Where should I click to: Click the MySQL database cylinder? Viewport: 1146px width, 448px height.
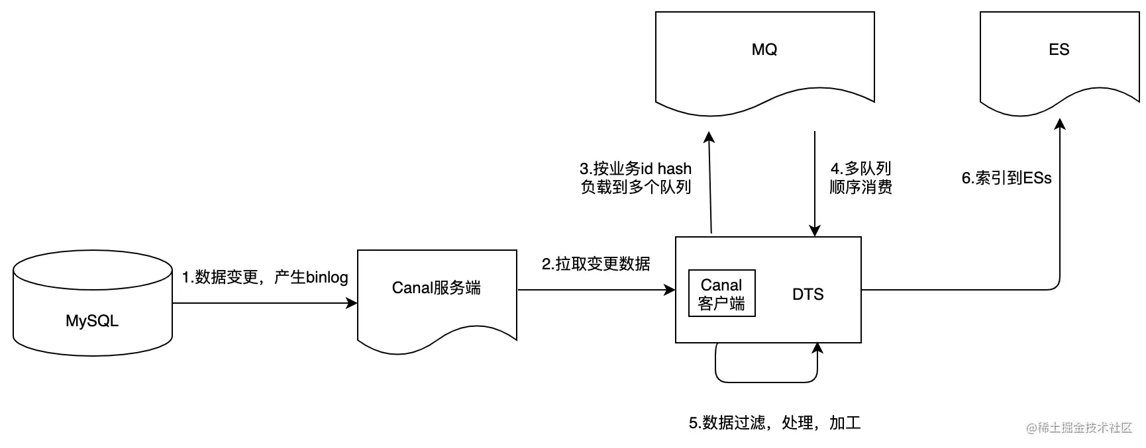click(93, 303)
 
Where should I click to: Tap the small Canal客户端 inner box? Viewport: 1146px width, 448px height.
click(722, 293)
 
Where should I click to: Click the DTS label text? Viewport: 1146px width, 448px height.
click(808, 294)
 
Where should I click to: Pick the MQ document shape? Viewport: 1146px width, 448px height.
click(765, 63)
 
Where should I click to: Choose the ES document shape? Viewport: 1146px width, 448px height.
click(1060, 63)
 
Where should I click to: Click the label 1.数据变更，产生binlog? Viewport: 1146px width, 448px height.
click(265, 277)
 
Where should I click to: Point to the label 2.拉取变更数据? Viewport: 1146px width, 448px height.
click(596, 264)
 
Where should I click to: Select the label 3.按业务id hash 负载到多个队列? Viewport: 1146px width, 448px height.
click(636, 178)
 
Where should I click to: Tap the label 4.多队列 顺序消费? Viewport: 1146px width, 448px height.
click(861, 178)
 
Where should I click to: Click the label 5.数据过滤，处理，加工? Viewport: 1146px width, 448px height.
click(775, 423)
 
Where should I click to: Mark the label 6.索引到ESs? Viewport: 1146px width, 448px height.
click(1007, 178)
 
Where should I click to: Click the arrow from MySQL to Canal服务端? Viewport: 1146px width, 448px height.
click(265, 303)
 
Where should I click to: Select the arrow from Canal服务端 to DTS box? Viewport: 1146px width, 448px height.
click(596, 290)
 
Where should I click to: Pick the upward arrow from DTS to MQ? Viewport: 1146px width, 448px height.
click(710, 182)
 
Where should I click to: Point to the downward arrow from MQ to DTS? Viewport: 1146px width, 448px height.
click(815, 183)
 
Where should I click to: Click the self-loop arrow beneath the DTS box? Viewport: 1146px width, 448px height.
click(766, 382)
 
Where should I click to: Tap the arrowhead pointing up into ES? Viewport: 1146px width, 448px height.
click(1060, 124)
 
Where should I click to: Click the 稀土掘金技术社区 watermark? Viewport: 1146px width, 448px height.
click(1080, 427)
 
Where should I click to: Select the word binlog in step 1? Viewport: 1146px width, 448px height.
click(327, 277)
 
